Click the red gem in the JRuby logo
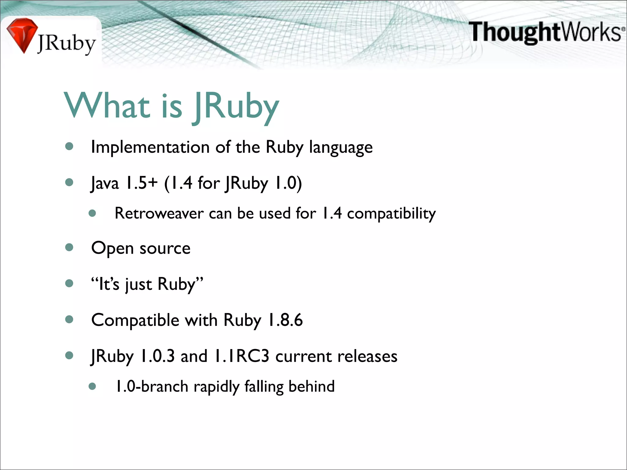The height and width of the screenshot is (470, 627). click(x=21, y=34)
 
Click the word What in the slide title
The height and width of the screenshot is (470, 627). click(x=107, y=106)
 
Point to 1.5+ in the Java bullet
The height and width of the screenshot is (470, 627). click(x=141, y=183)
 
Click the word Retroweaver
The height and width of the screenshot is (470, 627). click(x=159, y=213)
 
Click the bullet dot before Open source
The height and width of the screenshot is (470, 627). click(x=69, y=247)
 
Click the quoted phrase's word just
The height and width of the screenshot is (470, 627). click(x=138, y=285)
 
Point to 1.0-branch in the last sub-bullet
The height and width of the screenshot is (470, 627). click(x=152, y=386)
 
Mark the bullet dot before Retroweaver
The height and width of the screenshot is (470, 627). click(x=92, y=213)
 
